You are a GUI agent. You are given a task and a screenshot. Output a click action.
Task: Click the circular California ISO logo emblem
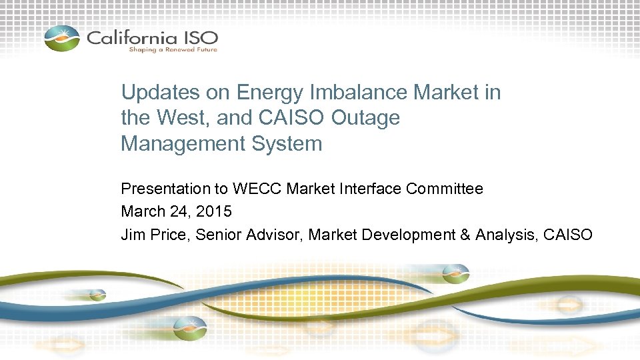click(x=62, y=38)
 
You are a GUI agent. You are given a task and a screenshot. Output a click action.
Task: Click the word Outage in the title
click(x=368, y=118)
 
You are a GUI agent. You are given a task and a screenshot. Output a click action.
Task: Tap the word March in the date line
click(x=142, y=212)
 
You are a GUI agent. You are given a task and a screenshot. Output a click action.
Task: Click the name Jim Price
click(x=155, y=235)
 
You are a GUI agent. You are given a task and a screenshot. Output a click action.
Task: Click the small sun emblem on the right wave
click(x=457, y=274)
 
